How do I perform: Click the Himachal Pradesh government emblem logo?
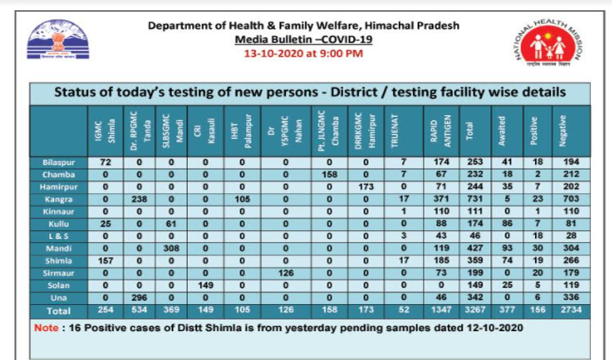[x=58, y=41]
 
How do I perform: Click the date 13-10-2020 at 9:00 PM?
[x=304, y=53]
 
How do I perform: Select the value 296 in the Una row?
[x=138, y=299]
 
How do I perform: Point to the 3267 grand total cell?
[x=475, y=312]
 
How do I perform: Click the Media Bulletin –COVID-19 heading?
[x=304, y=39]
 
